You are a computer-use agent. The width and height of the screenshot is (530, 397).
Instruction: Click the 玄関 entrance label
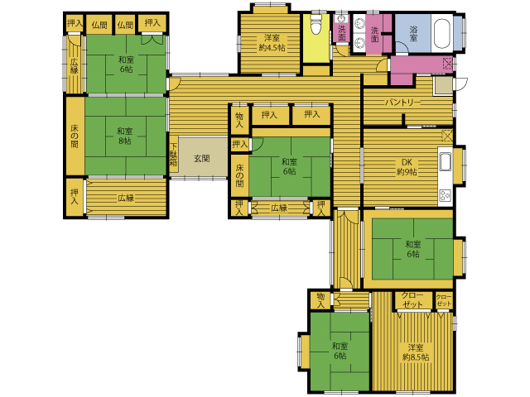pos(202,158)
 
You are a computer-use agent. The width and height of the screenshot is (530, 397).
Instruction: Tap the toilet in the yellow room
pos(316,26)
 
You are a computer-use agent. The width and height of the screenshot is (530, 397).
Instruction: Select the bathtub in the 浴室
pos(441,33)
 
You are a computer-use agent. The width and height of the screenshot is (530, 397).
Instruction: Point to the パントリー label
pos(403,103)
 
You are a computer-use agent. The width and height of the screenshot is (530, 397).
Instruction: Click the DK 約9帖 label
pos(407,167)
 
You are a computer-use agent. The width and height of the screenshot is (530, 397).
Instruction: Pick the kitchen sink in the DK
pos(446,162)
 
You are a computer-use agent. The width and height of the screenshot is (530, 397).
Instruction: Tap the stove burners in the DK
pos(446,195)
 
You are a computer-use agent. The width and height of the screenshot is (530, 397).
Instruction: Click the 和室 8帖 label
pos(125,136)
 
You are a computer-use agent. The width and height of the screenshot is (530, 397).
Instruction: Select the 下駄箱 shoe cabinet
pos(174,155)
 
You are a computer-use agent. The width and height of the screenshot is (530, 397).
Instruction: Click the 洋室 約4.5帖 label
pos(272,43)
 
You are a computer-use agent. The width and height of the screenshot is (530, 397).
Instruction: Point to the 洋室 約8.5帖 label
pos(416,352)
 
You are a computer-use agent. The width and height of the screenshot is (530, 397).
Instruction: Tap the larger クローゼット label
pos(412,299)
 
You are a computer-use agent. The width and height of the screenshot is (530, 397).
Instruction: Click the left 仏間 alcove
pos(99,24)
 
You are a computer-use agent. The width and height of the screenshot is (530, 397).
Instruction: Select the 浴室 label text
pos(413,33)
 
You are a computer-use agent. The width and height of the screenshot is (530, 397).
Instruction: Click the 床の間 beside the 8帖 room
pos(75,136)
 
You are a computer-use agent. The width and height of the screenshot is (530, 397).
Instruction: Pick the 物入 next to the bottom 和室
pos(320,300)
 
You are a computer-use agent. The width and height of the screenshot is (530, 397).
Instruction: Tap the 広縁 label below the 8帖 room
pos(126,198)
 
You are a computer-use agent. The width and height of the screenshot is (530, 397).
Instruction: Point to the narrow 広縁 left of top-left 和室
pos(75,65)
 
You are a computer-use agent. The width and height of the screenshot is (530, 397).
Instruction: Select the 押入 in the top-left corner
pos(74,23)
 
